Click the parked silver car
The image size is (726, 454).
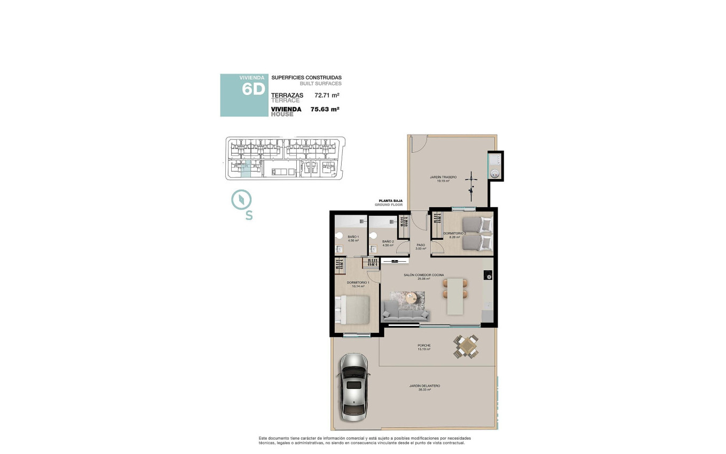[x=354, y=386]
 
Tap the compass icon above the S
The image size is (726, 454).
[x=241, y=200]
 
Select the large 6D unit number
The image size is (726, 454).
[x=253, y=89]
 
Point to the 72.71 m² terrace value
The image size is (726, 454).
[x=327, y=96]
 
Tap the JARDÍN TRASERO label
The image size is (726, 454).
[x=443, y=177]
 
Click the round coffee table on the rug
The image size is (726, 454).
[x=411, y=298]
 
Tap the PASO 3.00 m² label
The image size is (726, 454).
[x=421, y=247]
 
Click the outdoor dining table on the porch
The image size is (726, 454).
[x=466, y=346]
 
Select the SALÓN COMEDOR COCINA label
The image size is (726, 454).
[x=423, y=276]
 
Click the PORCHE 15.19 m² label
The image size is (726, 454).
[x=424, y=347]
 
